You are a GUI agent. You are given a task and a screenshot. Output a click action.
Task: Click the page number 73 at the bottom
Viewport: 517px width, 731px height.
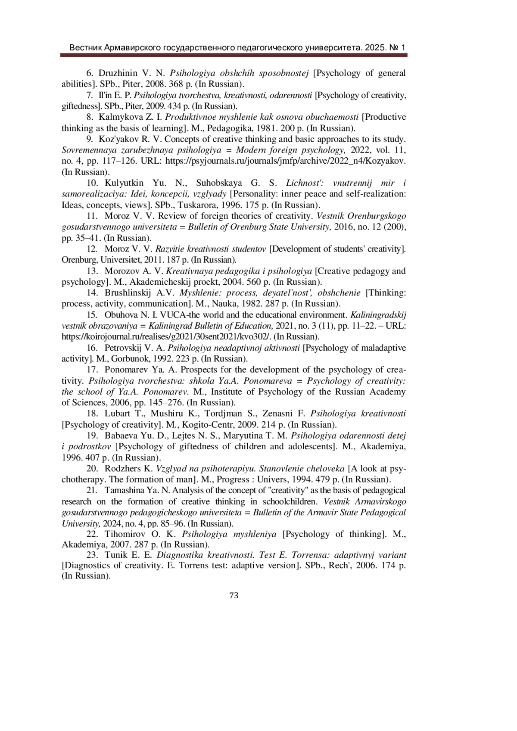pyautogui.click(x=234, y=596)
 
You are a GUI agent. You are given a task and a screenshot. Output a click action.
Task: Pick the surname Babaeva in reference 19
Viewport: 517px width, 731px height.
pyautogui.click(x=122, y=435)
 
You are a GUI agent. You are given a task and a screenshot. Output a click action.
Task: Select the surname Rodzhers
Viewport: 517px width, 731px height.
pyautogui.click(x=123, y=469)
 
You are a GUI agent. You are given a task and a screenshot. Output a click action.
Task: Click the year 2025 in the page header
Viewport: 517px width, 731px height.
pyautogui.click(x=374, y=47)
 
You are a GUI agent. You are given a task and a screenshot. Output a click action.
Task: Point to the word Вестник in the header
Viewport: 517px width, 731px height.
pyautogui.click(x=85, y=47)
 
